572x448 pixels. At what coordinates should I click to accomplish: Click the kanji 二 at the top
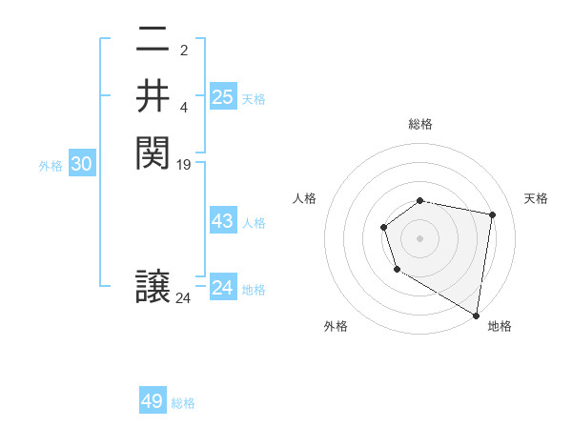(153, 41)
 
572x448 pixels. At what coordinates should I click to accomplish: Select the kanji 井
(153, 96)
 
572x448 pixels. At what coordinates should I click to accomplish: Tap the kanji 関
(153, 152)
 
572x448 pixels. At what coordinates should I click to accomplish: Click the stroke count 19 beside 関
(184, 164)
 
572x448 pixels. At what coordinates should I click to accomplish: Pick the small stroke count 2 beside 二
(184, 51)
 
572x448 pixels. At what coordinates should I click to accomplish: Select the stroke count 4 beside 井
(184, 107)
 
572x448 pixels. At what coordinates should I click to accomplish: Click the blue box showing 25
(222, 97)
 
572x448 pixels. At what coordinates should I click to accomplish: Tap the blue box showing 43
(222, 221)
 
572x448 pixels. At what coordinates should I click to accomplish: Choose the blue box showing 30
(82, 164)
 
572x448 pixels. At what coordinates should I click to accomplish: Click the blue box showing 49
(153, 401)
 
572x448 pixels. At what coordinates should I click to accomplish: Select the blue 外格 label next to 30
(51, 166)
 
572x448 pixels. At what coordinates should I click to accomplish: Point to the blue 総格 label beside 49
(183, 403)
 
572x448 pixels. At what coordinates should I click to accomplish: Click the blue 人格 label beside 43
(254, 223)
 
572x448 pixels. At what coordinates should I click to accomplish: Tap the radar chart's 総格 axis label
(420, 124)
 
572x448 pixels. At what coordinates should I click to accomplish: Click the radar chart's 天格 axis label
(536, 198)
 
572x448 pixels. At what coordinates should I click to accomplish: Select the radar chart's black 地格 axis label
(500, 326)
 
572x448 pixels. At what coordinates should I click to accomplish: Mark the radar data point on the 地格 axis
(477, 315)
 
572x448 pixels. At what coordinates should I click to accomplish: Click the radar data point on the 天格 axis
(493, 214)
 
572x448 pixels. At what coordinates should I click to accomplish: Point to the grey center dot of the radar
(420, 237)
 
